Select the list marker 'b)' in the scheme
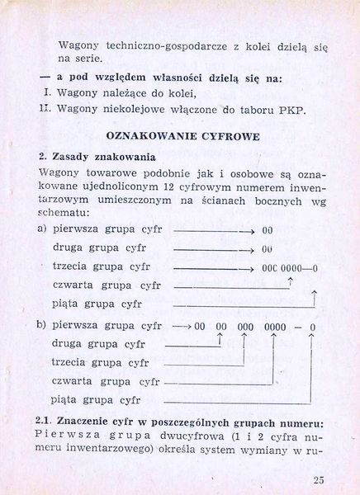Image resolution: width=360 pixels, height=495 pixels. click(42, 326)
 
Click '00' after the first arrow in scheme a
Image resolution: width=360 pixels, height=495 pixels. click(268, 230)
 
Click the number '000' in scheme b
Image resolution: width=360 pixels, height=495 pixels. click(245, 327)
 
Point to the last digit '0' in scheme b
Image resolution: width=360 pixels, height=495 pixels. click(312, 327)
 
